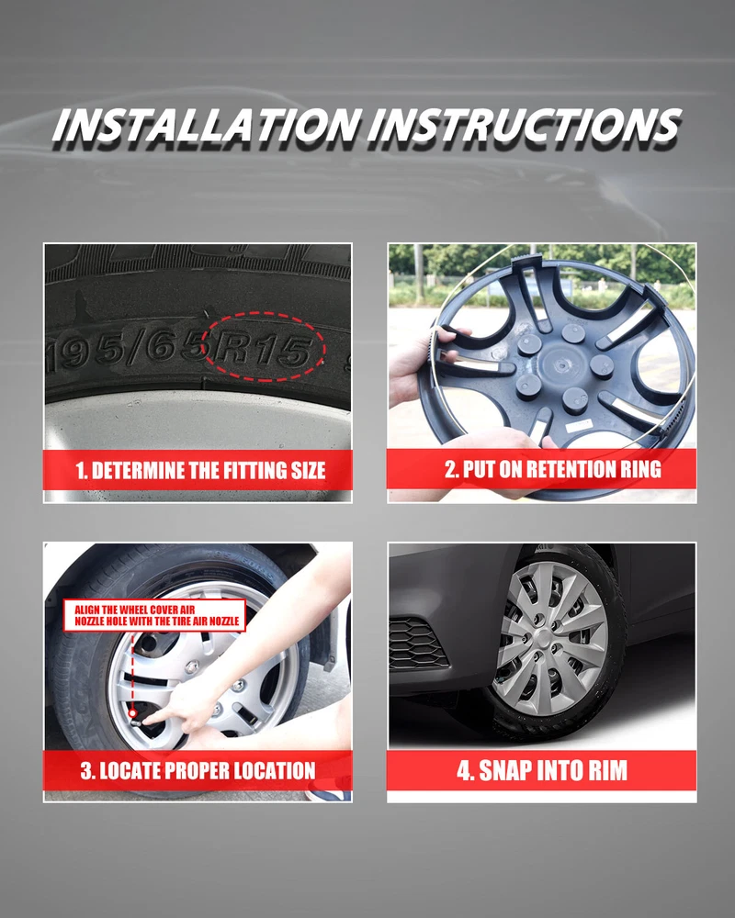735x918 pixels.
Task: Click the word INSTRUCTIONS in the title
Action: click(x=525, y=125)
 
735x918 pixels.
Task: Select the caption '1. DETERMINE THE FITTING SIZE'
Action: click(x=200, y=471)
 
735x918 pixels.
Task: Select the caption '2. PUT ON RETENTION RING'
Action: click(x=553, y=469)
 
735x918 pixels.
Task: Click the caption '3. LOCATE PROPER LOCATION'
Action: click(x=198, y=770)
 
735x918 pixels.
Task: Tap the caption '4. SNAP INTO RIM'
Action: click(x=542, y=770)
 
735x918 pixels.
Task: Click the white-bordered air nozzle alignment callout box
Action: click(x=154, y=615)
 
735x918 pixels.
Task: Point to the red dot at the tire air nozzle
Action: click(x=132, y=713)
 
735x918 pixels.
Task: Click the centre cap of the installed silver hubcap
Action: click(x=545, y=639)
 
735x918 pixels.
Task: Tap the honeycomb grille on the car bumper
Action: click(x=417, y=643)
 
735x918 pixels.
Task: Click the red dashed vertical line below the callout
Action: click(x=132, y=671)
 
